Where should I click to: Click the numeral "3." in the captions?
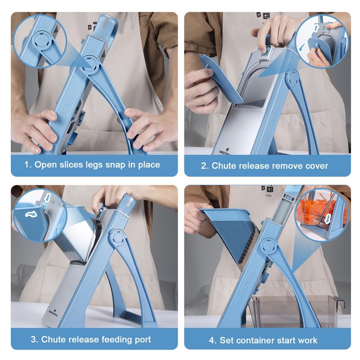coord(34,339)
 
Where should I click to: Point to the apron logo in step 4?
coord(265,189)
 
